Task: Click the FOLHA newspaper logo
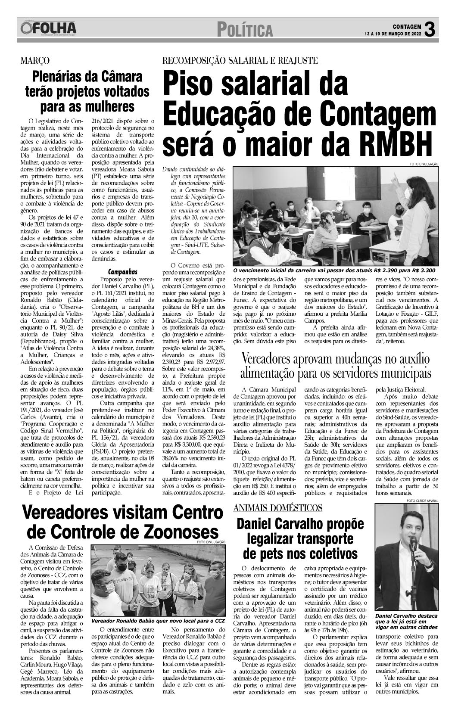coord(48,28)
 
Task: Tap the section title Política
coord(245,30)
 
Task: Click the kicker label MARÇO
coord(35,61)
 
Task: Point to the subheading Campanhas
coord(123,272)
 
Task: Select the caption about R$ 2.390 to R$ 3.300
coord(334,270)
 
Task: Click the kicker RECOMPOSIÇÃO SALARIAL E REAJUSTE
coord(240,61)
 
